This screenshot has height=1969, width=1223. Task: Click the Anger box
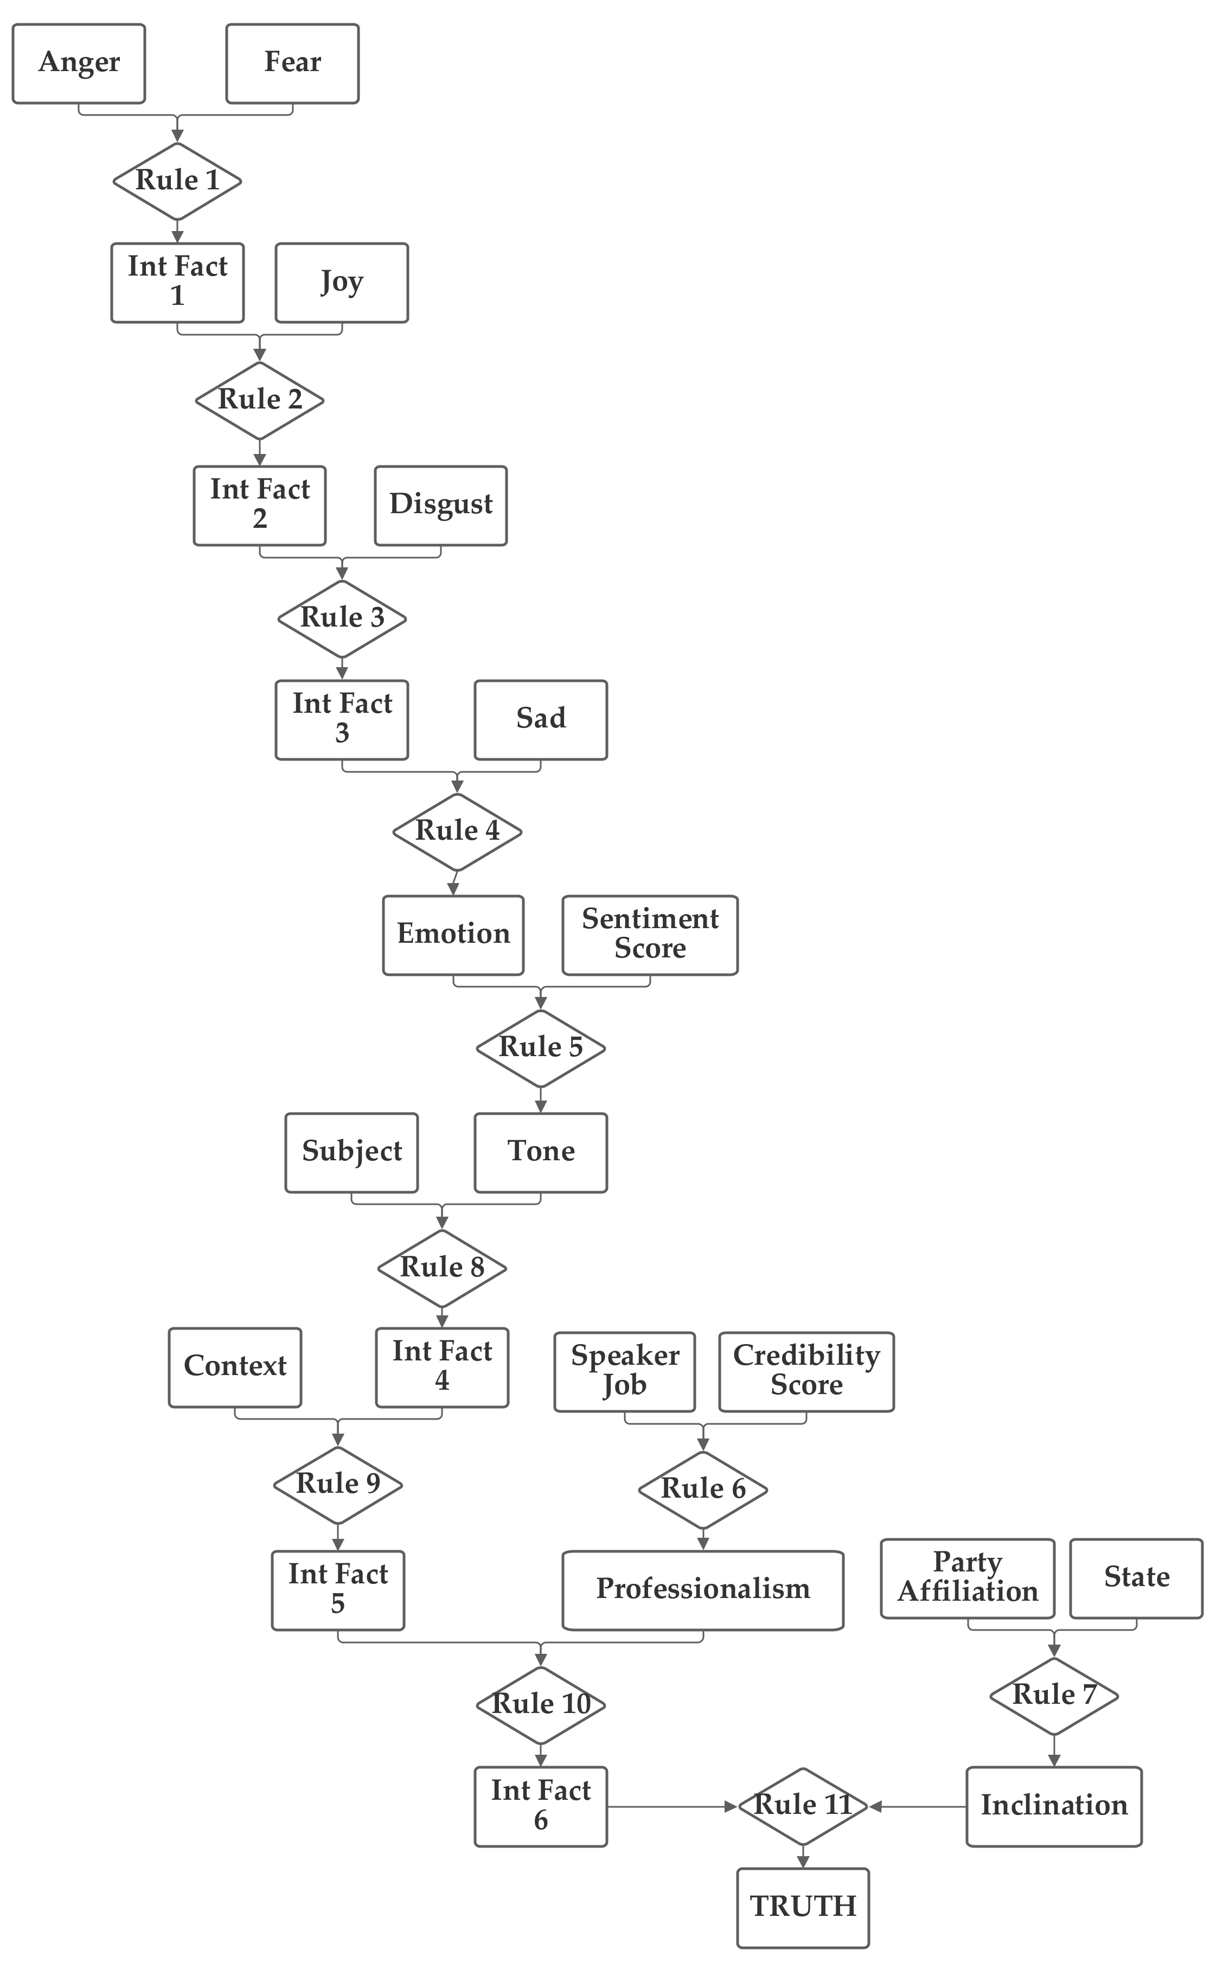coord(79,63)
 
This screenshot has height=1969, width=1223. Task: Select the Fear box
coord(292,63)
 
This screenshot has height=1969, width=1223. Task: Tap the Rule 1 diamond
coord(177,181)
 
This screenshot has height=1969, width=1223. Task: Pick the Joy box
coord(341,282)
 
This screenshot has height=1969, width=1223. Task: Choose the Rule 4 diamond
coord(457,831)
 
